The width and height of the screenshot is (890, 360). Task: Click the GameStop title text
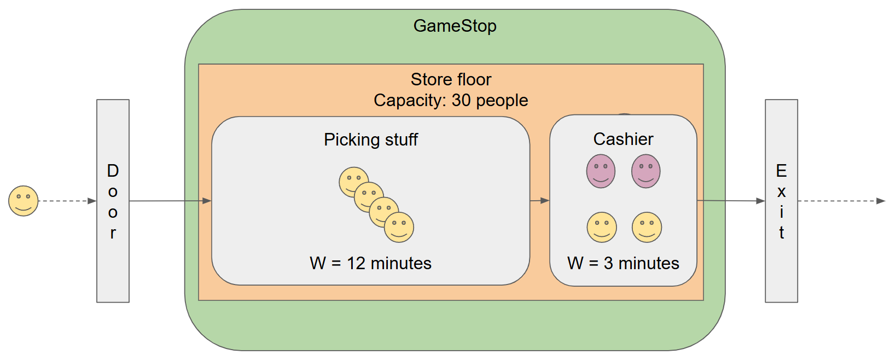(x=455, y=26)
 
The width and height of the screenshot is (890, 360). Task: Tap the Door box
(x=113, y=201)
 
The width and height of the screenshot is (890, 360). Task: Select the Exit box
(x=781, y=201)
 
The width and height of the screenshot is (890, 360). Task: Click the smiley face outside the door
(x=24, y=201)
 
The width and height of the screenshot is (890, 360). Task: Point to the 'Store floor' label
(x=451, y=79)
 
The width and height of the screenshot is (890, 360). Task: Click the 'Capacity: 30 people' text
(x=451, y=100)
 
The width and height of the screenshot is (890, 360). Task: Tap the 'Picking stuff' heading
(x=370, y=140)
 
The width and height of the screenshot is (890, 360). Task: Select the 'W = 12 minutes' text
(x=370, y=263)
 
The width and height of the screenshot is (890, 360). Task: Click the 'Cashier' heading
(x=623, y=139)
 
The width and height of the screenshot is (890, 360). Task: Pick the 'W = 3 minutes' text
(x=623, y=263)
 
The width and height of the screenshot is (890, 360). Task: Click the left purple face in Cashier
(x=601, y=171)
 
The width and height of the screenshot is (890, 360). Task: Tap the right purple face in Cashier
(x=645, y=171)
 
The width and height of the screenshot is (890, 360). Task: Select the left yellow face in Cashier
(x=602, y=227)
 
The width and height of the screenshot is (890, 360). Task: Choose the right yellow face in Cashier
(x=647, y=227)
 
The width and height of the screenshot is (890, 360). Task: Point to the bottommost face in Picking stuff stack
(x=399, y=228)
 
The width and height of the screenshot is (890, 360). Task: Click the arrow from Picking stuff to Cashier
(x=539, y=201)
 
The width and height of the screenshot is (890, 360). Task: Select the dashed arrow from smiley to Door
(x=67, y=201)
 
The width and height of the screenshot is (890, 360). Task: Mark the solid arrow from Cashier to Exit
(x=731, y=201)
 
